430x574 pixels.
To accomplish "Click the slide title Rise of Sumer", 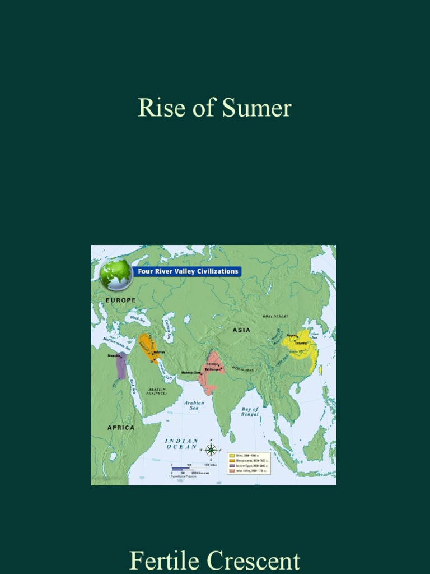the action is (214, 108).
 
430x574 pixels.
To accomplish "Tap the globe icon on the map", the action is (116, 275).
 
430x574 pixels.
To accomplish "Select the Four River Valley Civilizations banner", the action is (188, 271).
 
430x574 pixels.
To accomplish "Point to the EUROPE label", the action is (120, 300).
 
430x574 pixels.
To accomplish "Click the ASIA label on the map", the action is (241, 330).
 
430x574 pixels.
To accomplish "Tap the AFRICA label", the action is (120, 427).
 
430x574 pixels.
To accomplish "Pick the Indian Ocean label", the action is (181, 444).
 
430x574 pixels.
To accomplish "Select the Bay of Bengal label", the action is (250, 412).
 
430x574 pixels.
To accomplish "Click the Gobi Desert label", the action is (275, 316).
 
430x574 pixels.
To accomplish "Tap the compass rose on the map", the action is (211, 449).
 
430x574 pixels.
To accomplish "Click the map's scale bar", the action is (190, 468).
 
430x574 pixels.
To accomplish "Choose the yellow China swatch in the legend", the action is (232, 455).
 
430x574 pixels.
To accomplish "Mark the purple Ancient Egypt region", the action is (121, 367).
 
